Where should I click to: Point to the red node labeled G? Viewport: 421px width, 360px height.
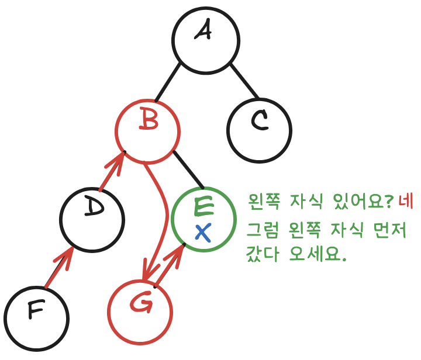tap(142, 312)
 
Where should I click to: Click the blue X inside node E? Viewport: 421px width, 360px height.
tap(202, 233)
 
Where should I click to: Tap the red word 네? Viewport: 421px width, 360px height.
tap(406, 203)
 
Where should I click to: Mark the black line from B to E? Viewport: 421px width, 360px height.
tap(188, 170)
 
